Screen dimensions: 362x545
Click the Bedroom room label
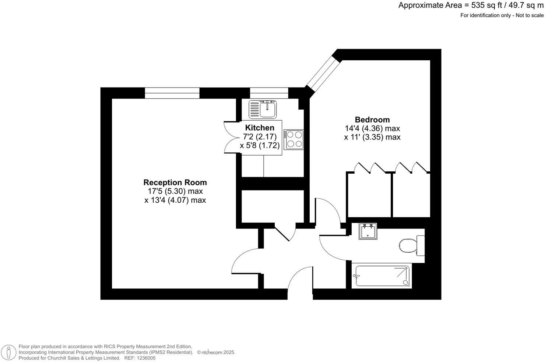point(372,120)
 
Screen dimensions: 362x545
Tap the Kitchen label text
point(260,128)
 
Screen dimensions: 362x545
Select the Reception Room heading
point(175,182)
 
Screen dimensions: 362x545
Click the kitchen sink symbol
point(263,109)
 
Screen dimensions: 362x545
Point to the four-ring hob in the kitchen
point(293,139)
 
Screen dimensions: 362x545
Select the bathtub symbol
point(381,276)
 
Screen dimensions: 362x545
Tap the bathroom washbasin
point(368,231)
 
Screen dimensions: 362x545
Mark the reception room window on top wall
point(172,93)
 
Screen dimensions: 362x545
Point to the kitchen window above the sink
point(269,93)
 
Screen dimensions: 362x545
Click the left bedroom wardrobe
point(369,195)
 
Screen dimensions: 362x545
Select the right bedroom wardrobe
point(411,195)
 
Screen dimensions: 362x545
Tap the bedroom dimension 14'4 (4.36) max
point(372,128)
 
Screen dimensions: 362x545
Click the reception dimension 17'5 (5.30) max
point(175,191)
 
